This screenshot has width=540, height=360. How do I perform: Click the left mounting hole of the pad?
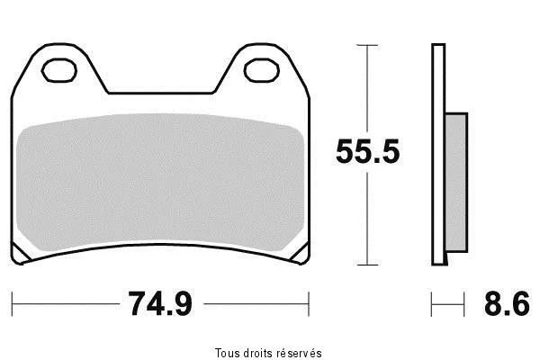pyautogui.click(x=58, y=70)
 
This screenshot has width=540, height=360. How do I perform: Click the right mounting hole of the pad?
pyautogui.click(x=261, y=70)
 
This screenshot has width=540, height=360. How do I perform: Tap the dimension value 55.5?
pyautogui.click(x=367, y=151)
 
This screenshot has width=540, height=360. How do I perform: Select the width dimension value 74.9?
pyautogui.click(x=160, y=303)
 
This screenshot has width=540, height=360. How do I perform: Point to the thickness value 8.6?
pyautogui.click(x=507, y=303)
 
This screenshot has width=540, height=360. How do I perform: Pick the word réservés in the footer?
pyautogui.click(x=300, y=353)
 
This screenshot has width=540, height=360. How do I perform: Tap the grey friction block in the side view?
pyautogui.click(x=456, y=183)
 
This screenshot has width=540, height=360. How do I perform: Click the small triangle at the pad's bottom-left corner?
pyautogui.click(x=19, y=254)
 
